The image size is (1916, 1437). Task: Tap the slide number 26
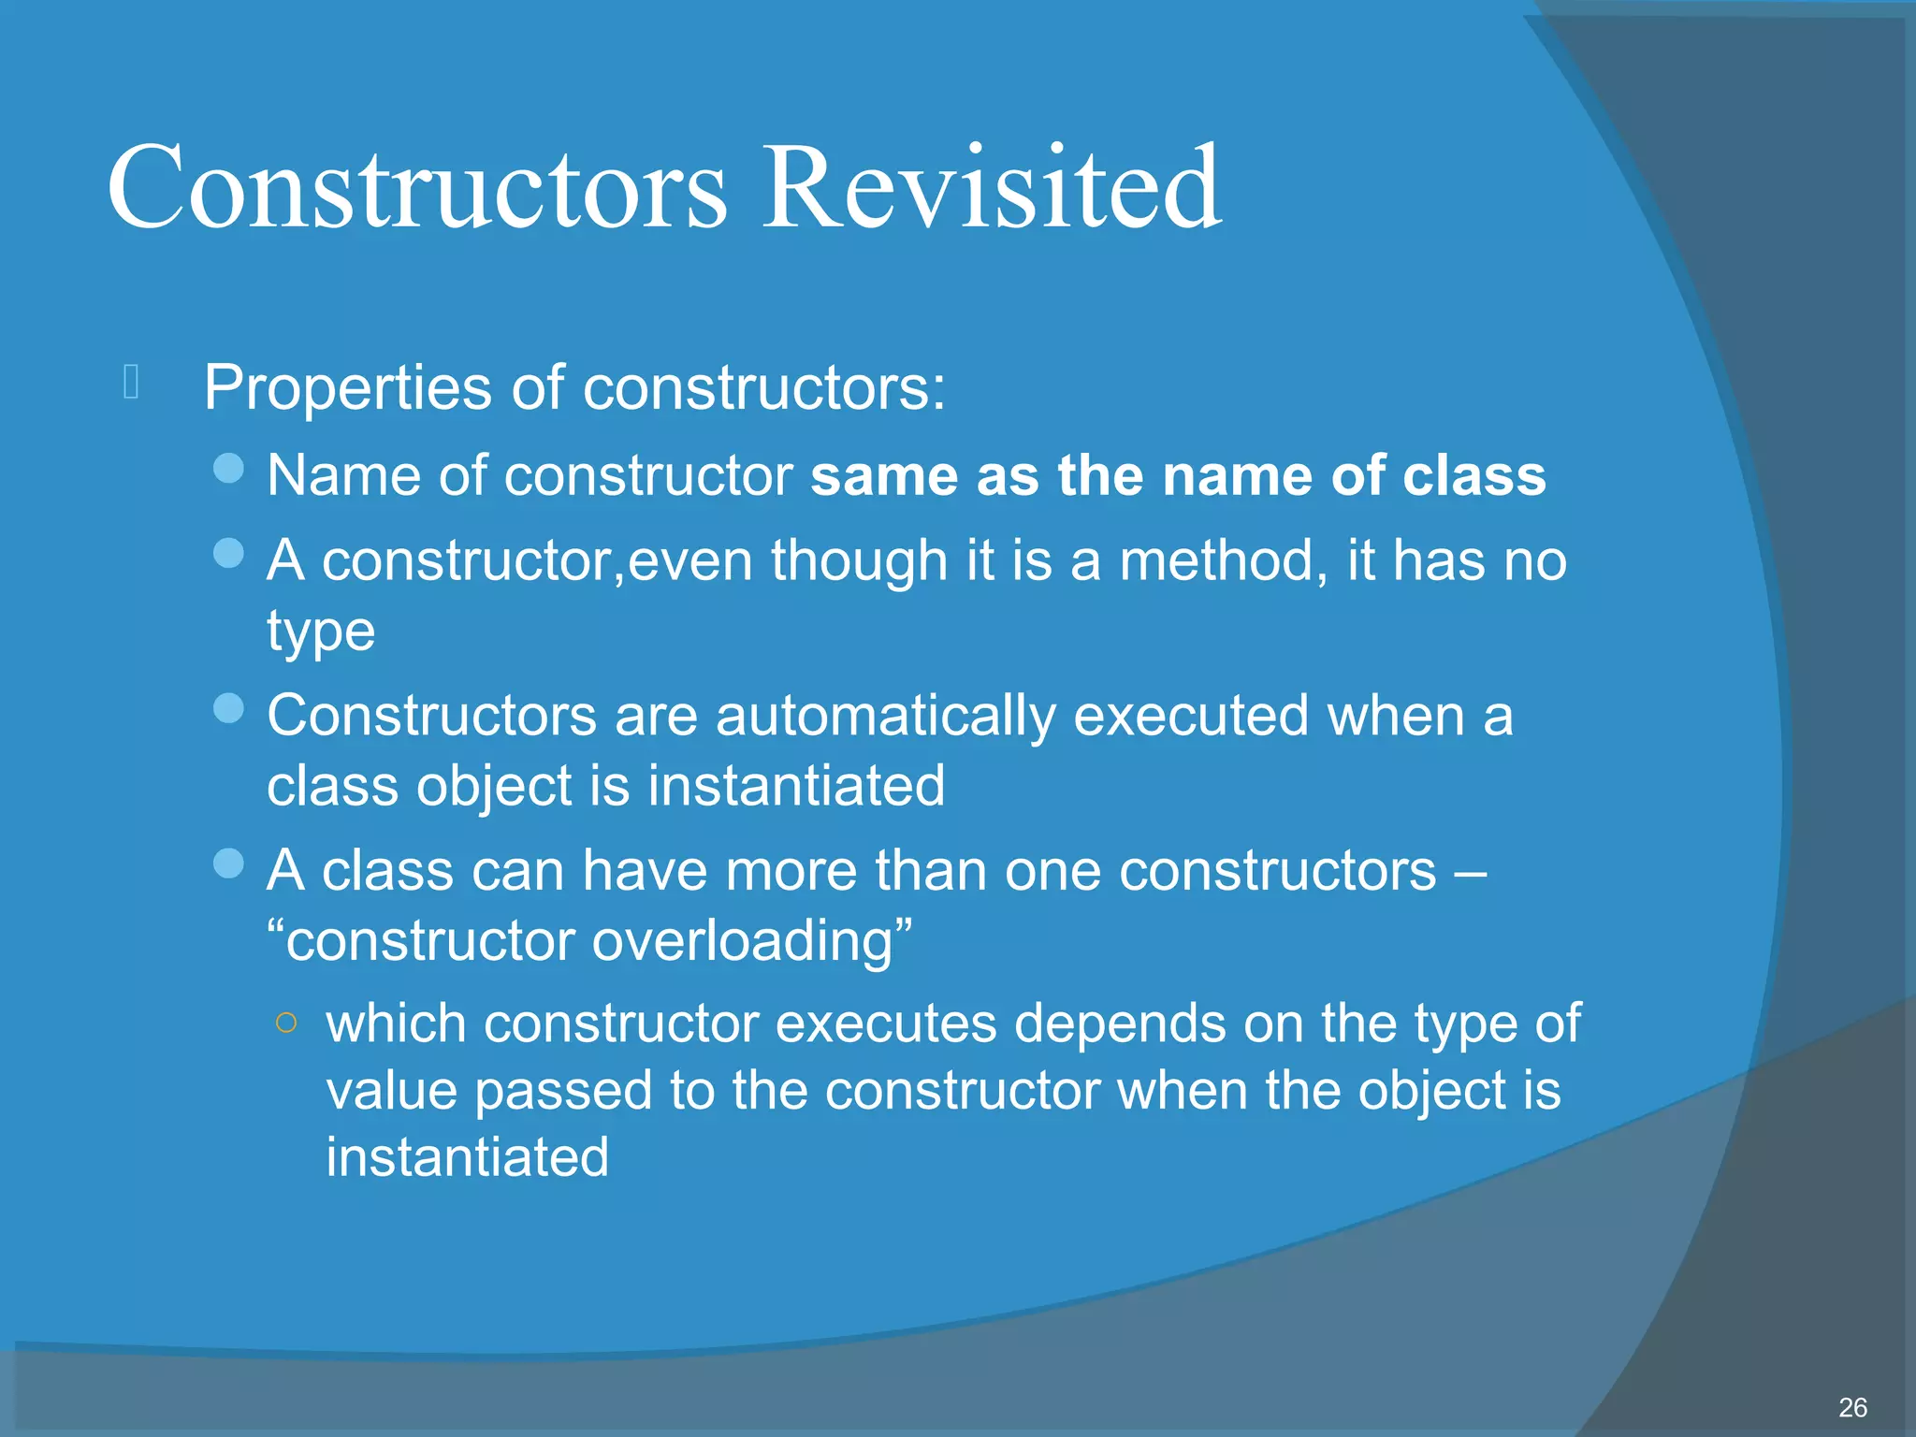tap(1852, 1407)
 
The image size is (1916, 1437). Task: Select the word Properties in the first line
tap(347, 387)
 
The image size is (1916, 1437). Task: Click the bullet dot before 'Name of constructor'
tap(228, 468)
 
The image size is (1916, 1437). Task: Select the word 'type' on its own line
tap(321, 631)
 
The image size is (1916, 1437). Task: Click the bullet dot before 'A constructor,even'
tap(228, 553)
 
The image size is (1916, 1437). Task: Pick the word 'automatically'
tap(885, 717)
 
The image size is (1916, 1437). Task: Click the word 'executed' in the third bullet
tap(1190, 716)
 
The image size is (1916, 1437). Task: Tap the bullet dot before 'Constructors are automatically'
tap(228, 708)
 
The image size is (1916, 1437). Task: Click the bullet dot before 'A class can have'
tap(228, 863)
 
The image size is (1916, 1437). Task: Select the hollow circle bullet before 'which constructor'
tap(287, 1023)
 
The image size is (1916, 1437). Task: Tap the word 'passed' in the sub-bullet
tap(563, 1091)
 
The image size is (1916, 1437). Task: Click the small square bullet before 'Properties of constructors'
tap(131, 382)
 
